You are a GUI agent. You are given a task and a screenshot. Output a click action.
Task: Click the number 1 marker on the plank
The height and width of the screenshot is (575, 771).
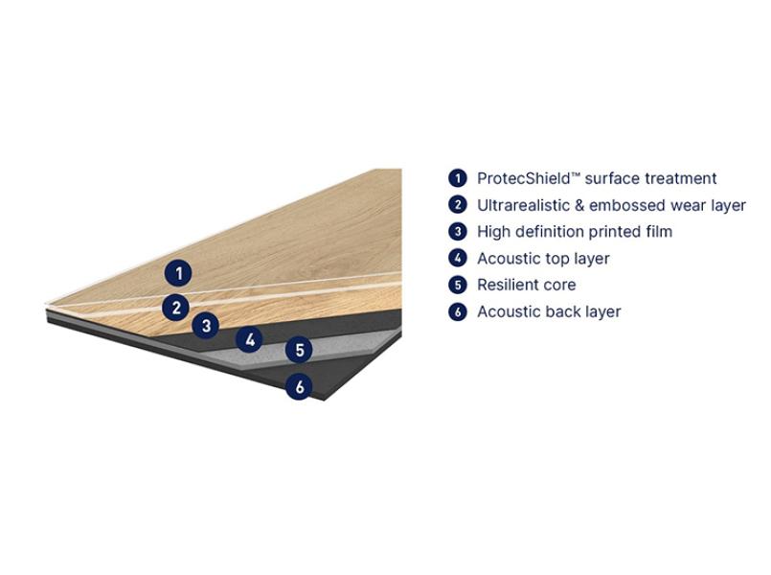(x=178, y=273)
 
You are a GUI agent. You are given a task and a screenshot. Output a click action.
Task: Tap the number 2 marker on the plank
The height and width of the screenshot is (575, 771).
(x=176, y=308)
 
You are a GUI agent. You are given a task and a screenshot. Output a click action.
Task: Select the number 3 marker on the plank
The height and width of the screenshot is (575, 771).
(x=206, y=325)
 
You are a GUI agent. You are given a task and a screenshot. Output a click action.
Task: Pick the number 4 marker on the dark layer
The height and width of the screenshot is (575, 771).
(x=250, y=339)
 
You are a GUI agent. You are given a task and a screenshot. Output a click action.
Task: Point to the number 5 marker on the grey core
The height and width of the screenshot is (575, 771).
(x=300, y=350)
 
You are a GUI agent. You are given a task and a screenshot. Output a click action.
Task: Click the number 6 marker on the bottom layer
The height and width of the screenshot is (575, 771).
(x=300, y=386)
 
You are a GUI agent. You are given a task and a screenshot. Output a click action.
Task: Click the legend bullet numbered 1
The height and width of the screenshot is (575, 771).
(x=457, y=178)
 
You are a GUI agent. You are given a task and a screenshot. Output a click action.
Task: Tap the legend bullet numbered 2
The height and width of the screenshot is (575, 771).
(x=457, y=205)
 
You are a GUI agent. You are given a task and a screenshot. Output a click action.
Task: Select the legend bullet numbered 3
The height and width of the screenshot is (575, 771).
(x=457, y=231)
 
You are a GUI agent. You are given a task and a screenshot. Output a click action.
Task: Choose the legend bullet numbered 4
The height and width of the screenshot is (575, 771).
(x=457, y=258)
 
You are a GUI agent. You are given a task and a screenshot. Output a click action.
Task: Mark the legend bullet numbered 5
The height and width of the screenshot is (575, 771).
(x=457, y=285)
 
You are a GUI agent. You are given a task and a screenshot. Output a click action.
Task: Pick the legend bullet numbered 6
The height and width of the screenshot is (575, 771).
(x=457, y=311)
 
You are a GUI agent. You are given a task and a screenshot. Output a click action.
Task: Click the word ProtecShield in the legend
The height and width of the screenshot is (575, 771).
(x=523, y=178)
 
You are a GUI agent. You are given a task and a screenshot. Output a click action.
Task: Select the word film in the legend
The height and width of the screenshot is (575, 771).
(x=658, y=231)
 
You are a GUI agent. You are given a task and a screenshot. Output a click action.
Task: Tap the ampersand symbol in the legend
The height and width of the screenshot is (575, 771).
(x=579, y=205)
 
